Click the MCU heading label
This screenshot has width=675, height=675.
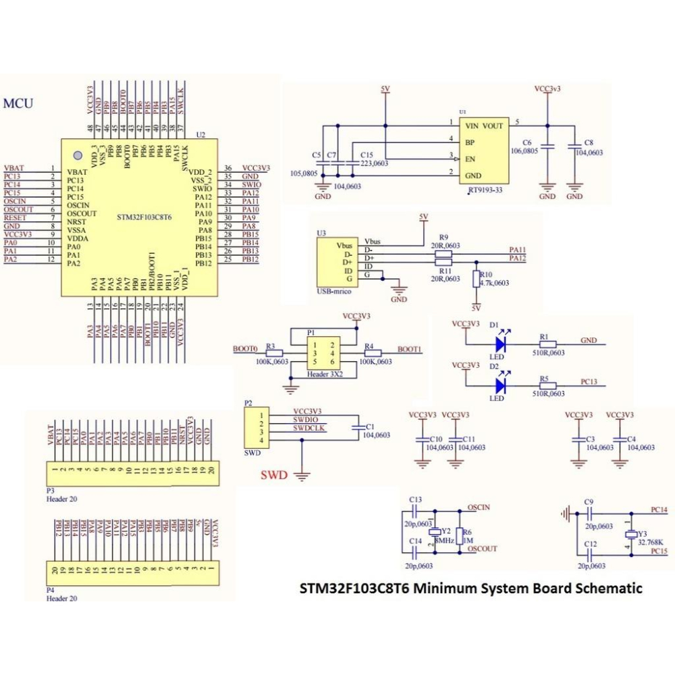(18, 103)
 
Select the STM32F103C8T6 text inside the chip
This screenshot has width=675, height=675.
(144, 218)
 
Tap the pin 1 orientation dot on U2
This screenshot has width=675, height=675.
(78, 156)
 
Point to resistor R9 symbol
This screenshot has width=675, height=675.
(443, 254)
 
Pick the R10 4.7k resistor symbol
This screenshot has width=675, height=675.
(477, 279)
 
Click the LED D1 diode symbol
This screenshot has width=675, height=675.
(500, 344)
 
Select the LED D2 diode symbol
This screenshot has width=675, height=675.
(500, 385)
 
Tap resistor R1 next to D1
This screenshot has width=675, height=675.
(548, 344)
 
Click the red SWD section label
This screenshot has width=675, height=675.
(274, 475)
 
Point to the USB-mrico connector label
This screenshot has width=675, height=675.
(333, 292)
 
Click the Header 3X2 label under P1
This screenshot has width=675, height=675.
(325, 373)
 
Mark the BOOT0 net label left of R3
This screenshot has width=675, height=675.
(245, 349)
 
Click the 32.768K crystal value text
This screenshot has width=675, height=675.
(651, 542)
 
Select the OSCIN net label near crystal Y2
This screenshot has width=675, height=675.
(478, 507)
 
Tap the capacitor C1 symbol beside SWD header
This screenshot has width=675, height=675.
(356, 427)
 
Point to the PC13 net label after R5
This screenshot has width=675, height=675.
(589, 381)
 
